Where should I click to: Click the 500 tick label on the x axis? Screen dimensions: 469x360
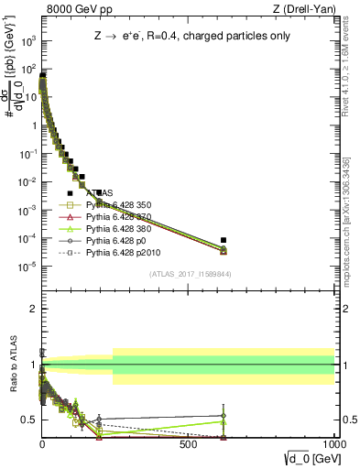tap(189, 442)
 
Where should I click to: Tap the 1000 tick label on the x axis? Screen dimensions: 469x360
tap(334, 442)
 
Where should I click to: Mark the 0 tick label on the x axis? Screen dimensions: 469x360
tap(42, 442)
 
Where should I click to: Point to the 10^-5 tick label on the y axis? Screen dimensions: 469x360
tap(28, 267)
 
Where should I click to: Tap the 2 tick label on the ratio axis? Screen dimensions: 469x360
tap(32, 309)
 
